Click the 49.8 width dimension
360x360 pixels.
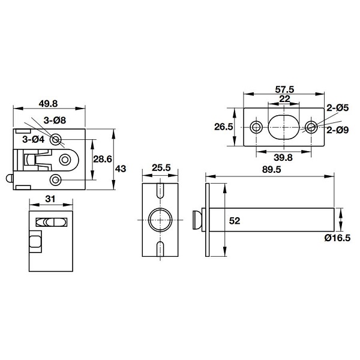coord(48,104)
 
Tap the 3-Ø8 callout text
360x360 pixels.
coord(55,121)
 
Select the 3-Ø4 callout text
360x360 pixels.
coord(34,139)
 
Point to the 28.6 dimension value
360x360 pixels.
coord(103,159)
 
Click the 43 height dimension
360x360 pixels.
coord(121,169)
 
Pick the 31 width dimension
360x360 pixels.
coord(50,199)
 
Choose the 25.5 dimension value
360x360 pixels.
coord(161,168)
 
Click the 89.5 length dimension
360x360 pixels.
coord(272,170)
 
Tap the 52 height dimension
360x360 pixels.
coord(235,221)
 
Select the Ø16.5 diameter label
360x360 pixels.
coord(337,238)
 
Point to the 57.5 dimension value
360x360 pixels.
coord(284,89)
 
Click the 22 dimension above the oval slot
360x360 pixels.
coord(284,99)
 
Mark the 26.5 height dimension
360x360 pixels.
coord(224,127)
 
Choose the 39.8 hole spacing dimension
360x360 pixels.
coord(283,157)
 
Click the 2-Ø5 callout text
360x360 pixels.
coord(337,108)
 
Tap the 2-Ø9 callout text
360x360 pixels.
coord(337,130)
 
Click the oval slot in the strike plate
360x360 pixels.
coord(284,127)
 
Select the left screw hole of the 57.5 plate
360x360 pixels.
coord(256,127)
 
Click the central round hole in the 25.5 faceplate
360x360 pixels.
coord(160,220)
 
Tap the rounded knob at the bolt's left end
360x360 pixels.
coord(197,220)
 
